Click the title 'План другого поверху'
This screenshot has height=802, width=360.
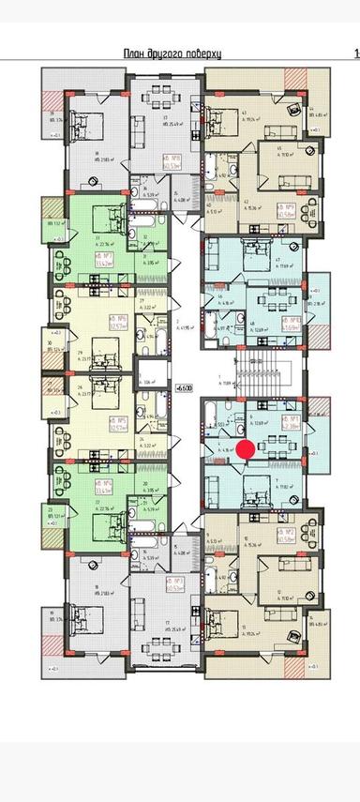click(179, 54)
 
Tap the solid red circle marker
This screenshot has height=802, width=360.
click(245, 449)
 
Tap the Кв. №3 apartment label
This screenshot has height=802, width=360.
click(172, 583)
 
